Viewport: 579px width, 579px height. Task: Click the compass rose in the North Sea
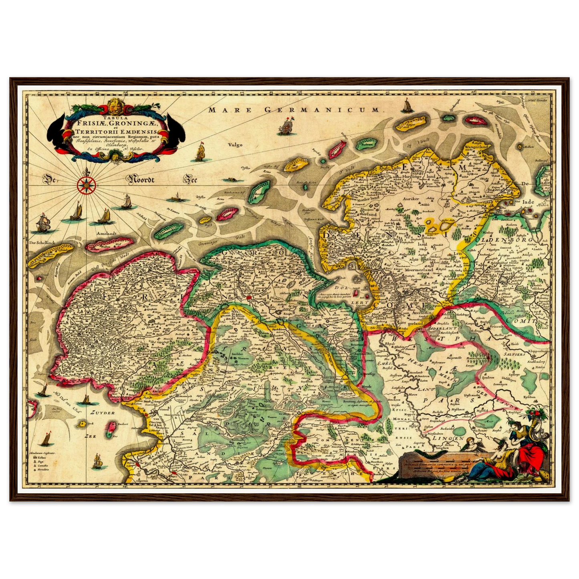pyautogui.click(x=85, y=184)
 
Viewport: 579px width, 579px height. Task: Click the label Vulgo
pyautogui.click(x=235, y=145)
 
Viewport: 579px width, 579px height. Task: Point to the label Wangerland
pyautogui.click(x=476, y=147)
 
